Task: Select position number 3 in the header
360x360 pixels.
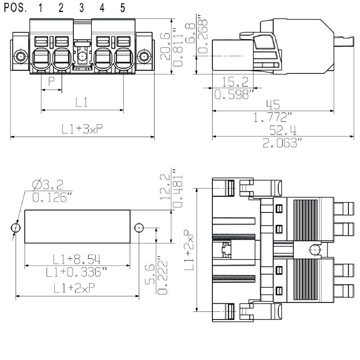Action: [x=81, y=8]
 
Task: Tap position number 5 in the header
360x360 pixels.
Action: [x=123, y=8]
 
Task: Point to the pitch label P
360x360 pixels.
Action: [x=51, y=82]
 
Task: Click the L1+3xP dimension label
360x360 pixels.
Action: [x=82, y=129]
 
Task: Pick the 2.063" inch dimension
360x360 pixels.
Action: [x=282, y=143]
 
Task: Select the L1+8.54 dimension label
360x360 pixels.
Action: [x=76, y=259]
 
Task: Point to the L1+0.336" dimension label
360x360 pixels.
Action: [x=76, y=272]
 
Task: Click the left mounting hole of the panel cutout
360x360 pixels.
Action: [x=16, y=228]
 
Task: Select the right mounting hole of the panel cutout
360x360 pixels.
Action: [x=139, y=228]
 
